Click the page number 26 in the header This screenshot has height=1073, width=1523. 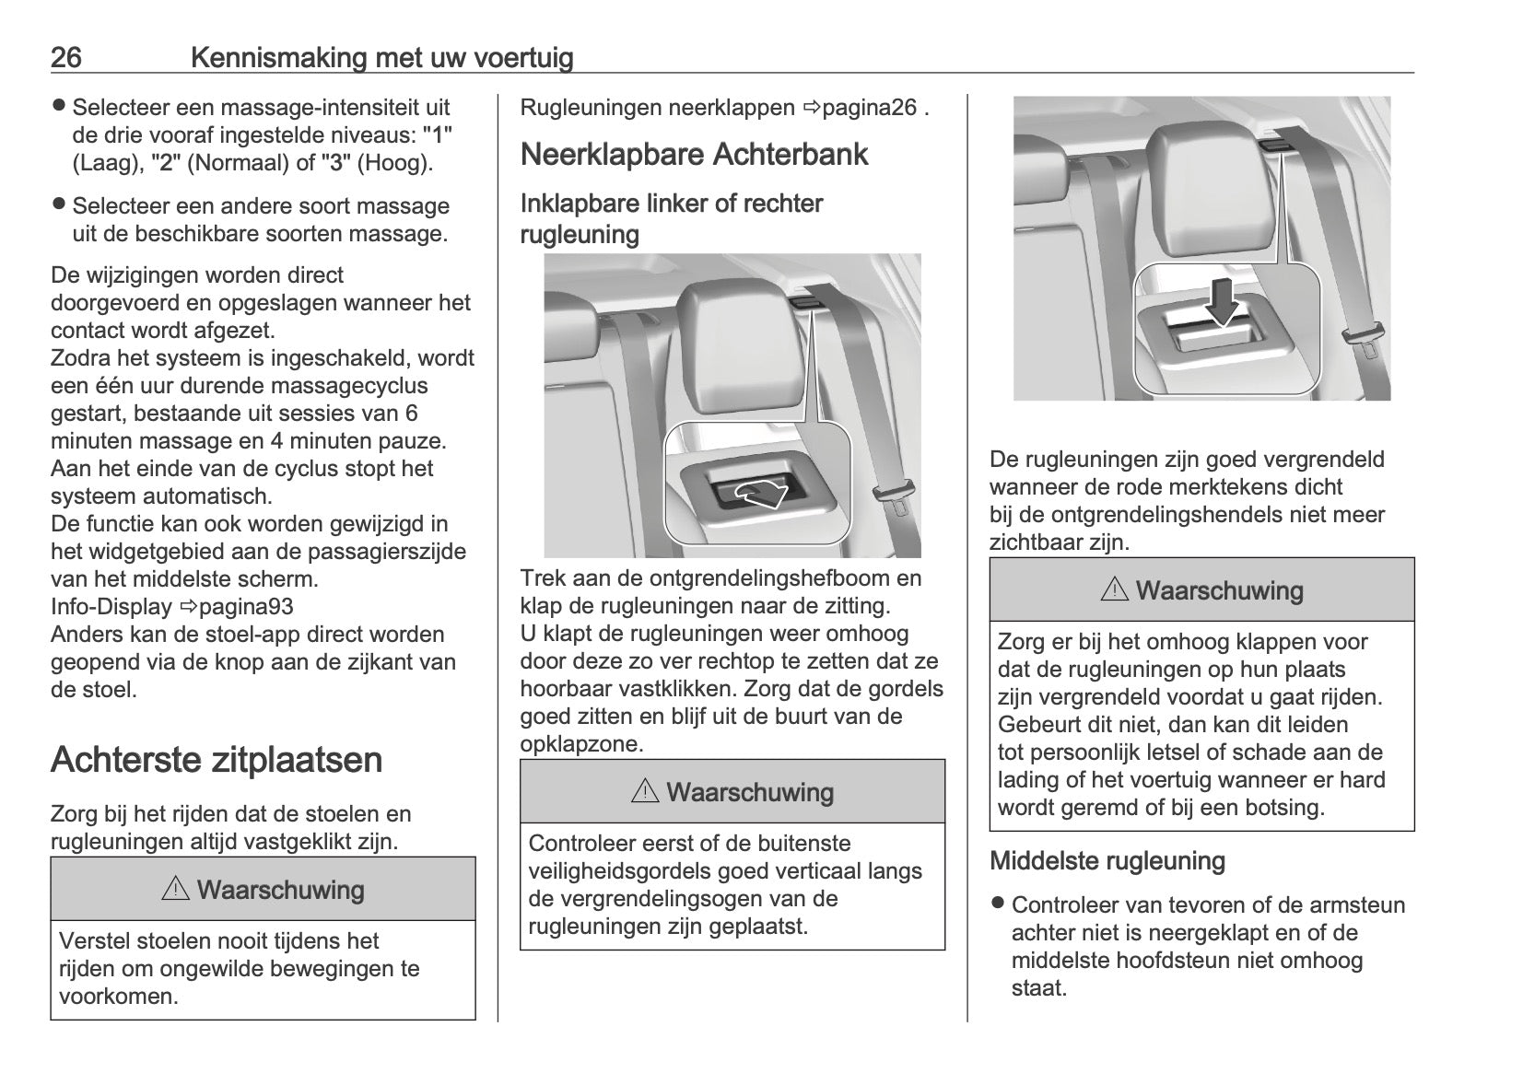[65, 58]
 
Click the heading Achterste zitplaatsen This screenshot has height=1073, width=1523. [217, 760]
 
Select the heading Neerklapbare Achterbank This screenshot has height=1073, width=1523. [694, 154]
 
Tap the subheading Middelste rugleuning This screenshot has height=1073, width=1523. [1107, 861]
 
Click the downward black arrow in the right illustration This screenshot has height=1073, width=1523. [1223, 303]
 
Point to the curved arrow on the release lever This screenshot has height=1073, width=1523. [757, 495]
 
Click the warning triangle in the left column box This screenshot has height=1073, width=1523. [174, 890]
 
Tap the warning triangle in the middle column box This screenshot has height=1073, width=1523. [645, 792]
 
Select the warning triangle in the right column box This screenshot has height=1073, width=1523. [1114, 590]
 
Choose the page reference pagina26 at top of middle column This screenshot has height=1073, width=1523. [869, 108]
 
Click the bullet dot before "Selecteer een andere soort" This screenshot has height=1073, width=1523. [59, 204]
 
